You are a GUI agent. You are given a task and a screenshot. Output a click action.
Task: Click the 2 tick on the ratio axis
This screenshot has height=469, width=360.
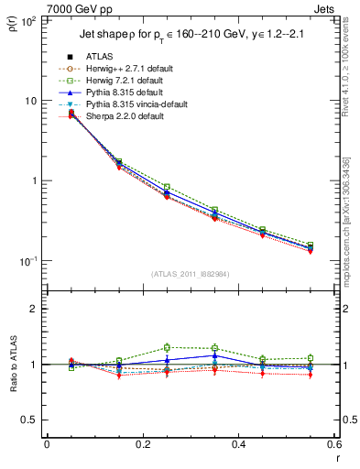point(35,309)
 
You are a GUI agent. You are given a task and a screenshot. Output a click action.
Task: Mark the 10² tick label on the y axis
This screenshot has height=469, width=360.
point(28,20)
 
